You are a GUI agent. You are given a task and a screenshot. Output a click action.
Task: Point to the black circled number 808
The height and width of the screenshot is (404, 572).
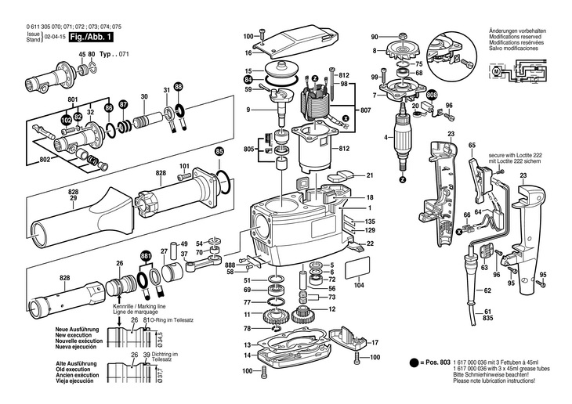(x=432, y=96)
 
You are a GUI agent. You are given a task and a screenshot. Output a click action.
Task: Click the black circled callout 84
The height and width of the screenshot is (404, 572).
(x=248, y=79)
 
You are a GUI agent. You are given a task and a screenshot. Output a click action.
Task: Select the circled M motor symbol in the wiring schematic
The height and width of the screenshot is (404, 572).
(x=497, y=72)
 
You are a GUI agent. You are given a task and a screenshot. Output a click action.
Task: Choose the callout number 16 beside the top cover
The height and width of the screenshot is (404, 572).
(x=248, y=53)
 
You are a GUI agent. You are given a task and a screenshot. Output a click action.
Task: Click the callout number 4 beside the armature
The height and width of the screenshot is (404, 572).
(x=386, y=139)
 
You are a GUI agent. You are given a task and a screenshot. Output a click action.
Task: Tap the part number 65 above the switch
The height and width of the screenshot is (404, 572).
(x=472, y=146)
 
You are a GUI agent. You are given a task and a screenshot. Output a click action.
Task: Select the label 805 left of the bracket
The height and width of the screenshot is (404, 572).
(x=250, y=148)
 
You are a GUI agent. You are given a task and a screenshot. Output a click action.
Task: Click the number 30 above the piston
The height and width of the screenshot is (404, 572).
(x=143, y=97)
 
